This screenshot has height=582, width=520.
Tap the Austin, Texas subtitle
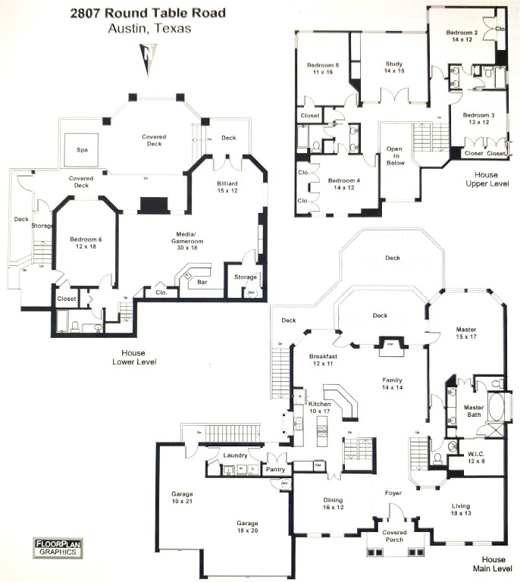(149, 29)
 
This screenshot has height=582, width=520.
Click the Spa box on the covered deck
(82, 150)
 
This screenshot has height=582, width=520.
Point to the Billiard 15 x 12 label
(228, 187)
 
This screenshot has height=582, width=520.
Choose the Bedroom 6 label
(84, 242)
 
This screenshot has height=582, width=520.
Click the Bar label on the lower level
(204, 282)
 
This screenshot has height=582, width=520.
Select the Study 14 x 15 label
(393, 68)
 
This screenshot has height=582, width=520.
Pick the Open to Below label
(396, 155)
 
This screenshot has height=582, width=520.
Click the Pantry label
(274, 470)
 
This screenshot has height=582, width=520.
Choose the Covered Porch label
(394, 537)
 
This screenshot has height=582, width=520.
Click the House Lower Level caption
(139, 358)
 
